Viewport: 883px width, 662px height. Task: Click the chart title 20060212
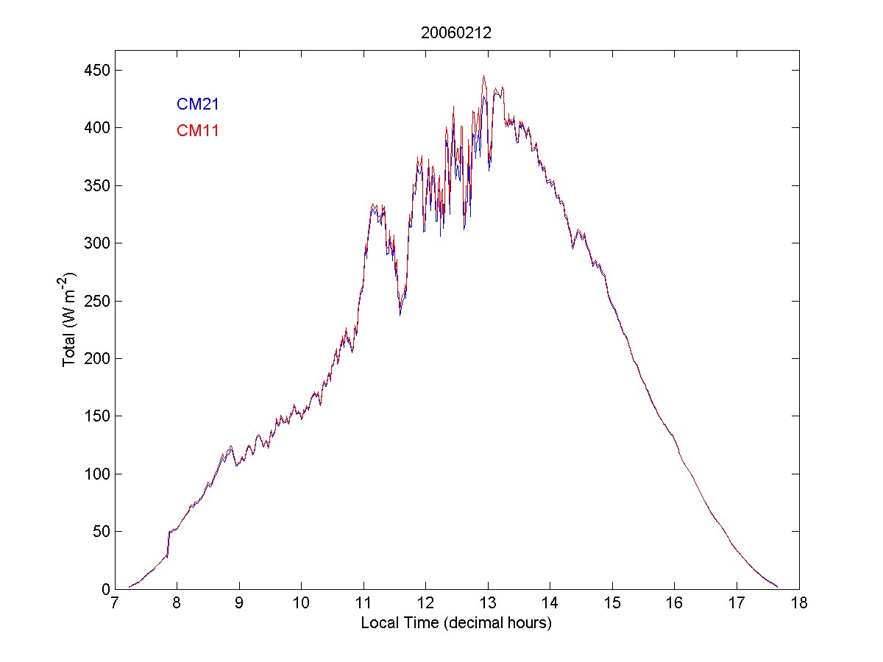(456, 33)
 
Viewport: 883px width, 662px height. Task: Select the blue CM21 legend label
(198, 104)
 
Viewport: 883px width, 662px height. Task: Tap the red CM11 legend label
(198, 131)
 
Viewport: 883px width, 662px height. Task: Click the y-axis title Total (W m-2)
(71, 320)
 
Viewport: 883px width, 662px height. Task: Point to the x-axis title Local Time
(456, 623)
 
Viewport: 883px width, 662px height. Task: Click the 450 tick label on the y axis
(92, 71)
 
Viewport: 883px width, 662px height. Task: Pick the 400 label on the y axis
(92, 128)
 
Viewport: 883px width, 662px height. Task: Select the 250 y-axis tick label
(92, 301)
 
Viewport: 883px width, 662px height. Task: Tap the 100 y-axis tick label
(92, 474)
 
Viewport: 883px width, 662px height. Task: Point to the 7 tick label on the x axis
(115, 604)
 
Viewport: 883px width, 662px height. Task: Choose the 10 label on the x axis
(301, 604)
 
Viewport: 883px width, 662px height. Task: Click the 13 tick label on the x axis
(488, 604)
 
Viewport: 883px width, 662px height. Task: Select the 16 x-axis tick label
(674, 604)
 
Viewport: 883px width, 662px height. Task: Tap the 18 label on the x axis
(798, 604)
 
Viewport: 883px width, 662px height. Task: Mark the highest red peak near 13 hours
(483, 76)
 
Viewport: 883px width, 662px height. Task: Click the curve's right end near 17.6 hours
(777, 586)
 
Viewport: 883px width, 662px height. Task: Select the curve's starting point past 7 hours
(130, 586)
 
